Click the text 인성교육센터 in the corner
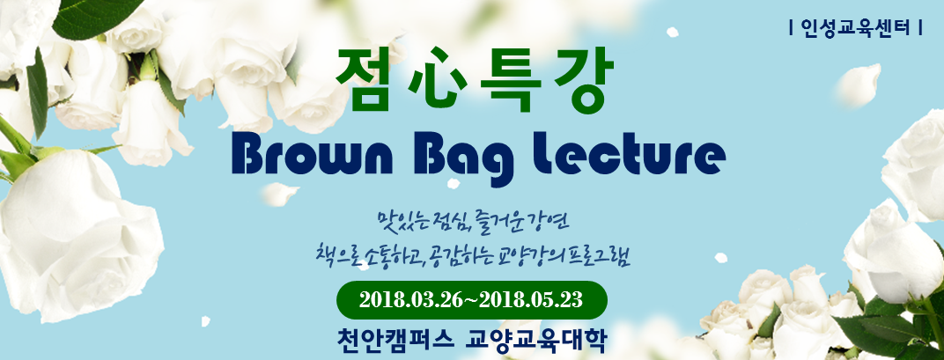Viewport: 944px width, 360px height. pos(856,27)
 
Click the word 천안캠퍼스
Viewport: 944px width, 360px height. pos(395,340)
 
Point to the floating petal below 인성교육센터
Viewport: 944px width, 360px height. pos(858,84)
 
